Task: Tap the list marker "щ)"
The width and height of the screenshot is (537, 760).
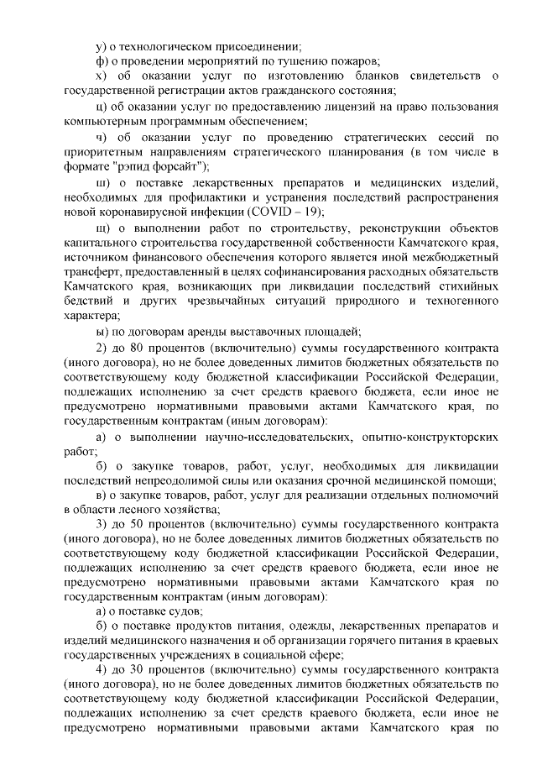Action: [x=102, y=228]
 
